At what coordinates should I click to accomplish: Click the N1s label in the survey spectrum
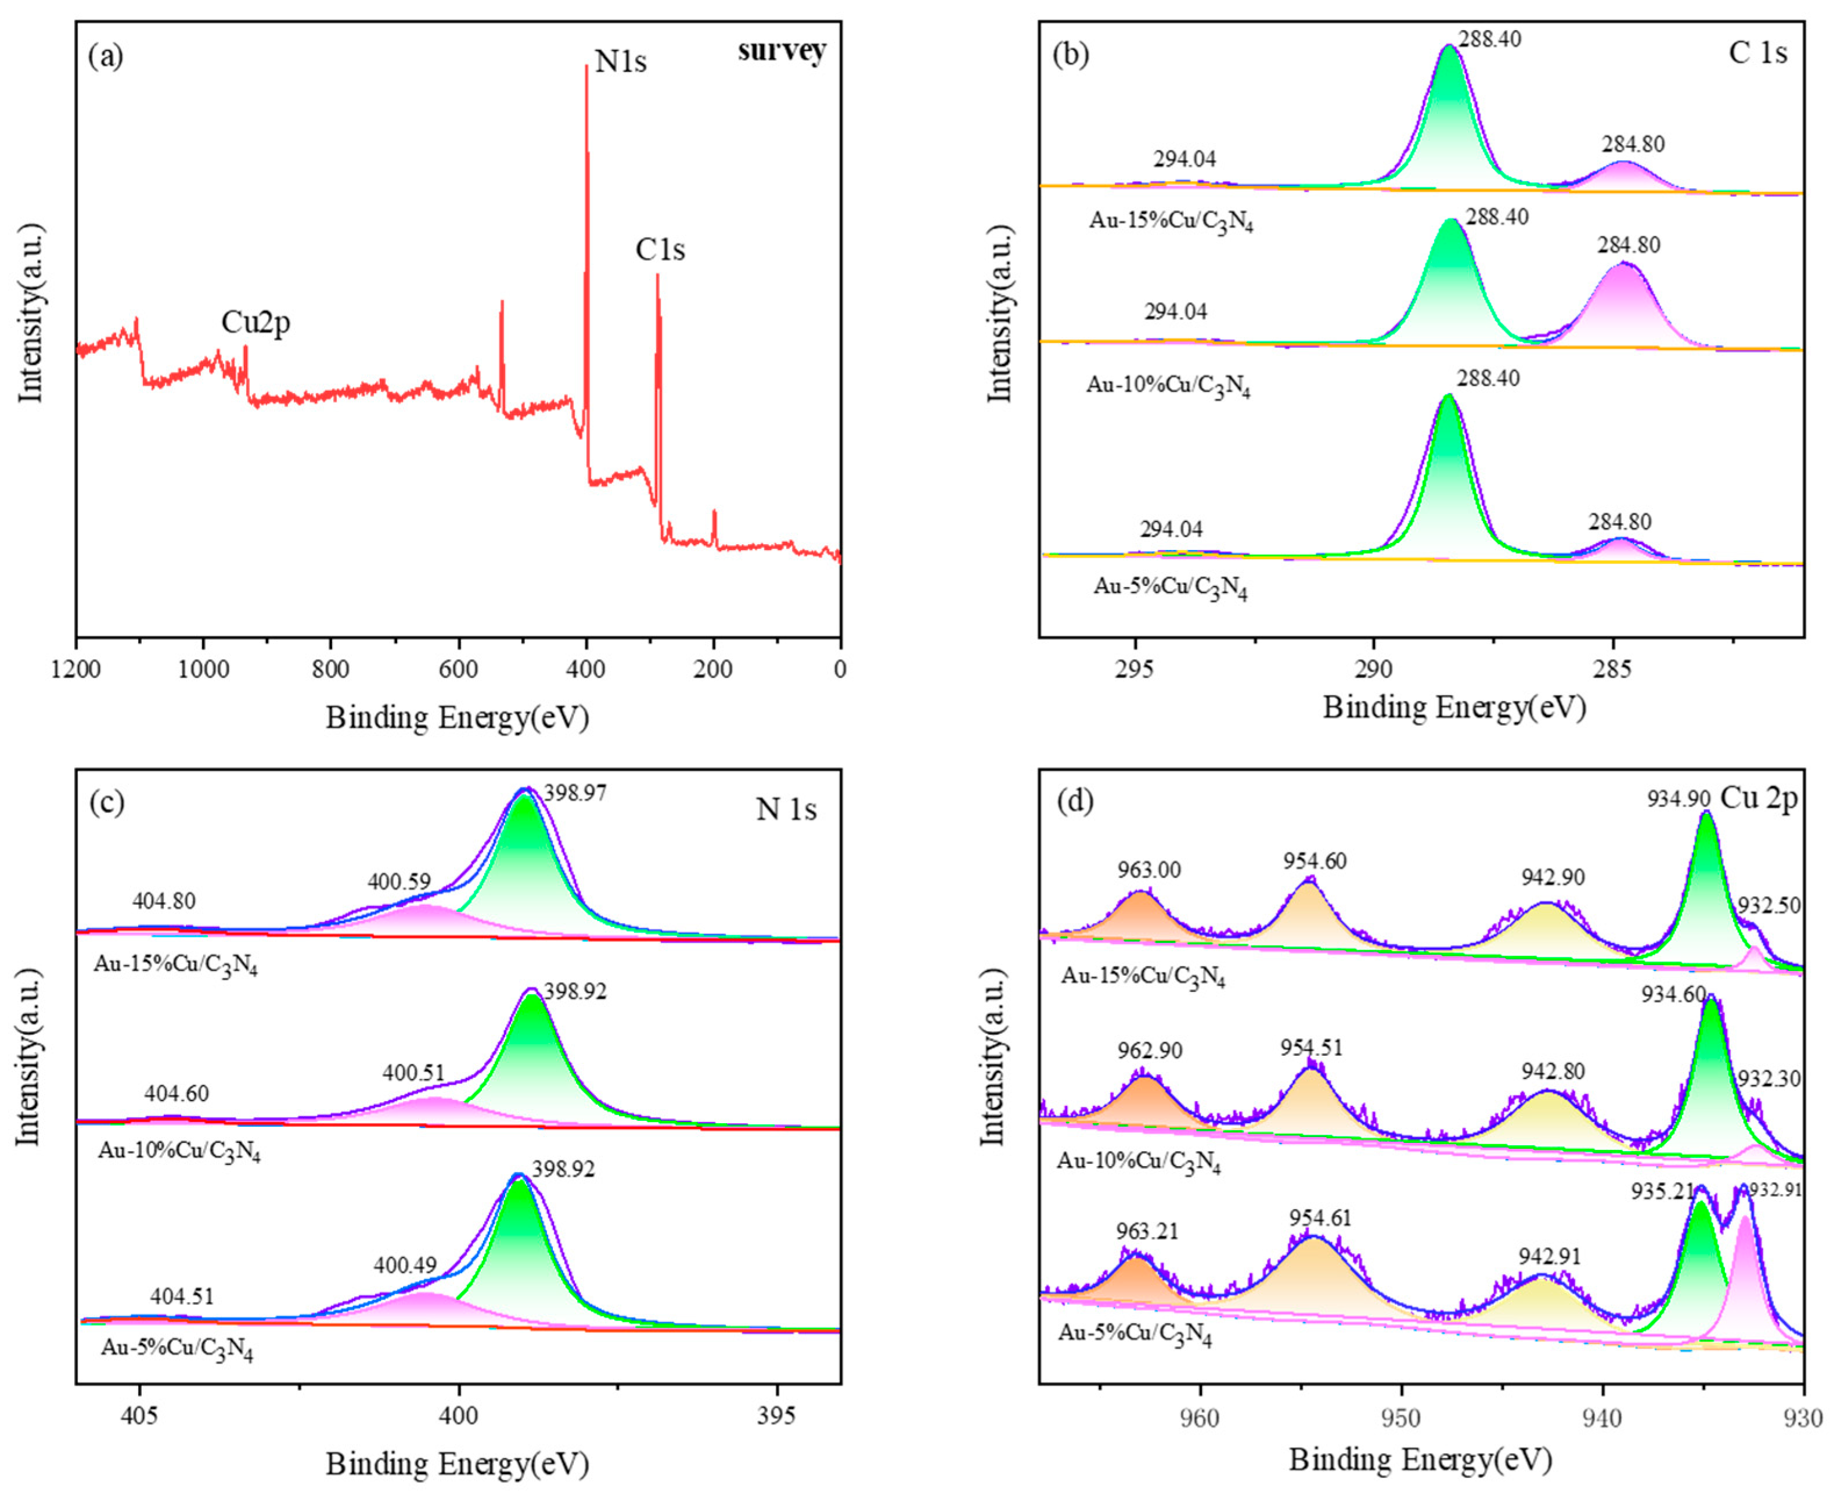pos(621,62)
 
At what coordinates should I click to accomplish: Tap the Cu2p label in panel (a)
pos(255,323)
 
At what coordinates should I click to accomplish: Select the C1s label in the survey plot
pos(660,250)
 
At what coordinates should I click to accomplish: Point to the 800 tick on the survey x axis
pos(330,668)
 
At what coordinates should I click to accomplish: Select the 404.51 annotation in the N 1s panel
pos(182,1296)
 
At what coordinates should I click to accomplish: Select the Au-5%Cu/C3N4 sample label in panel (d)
pos(1135,1333)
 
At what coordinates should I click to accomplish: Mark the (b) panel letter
pos(1069,55)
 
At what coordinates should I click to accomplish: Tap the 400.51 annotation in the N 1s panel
pos(413,1074)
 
